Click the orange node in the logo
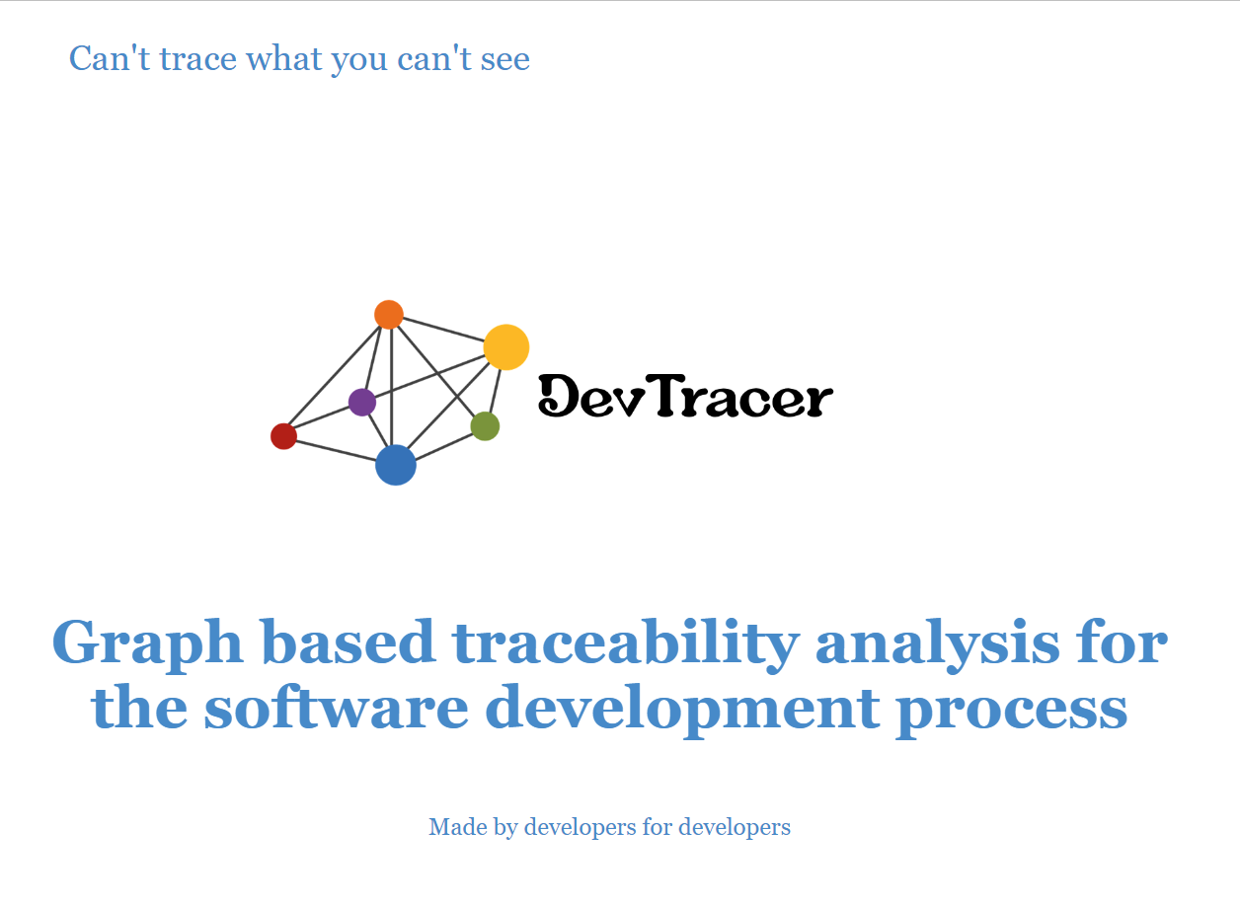click(x=389, y=315)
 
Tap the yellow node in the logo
click(x=505, y=347)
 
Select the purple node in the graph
click(x=362, y=402)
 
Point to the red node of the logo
click(x=283, y=436)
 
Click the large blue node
click(x=396, y=465)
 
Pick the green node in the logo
click(x=485, y=426)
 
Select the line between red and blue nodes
click(x=336, y=450)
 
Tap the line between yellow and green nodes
click(x=496, y=391)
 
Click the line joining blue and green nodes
click(x=443, y=445)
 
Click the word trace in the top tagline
click(x=198, y=58)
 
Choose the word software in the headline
click(x=337, y=707)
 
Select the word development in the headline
click(x=682, y=710)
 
